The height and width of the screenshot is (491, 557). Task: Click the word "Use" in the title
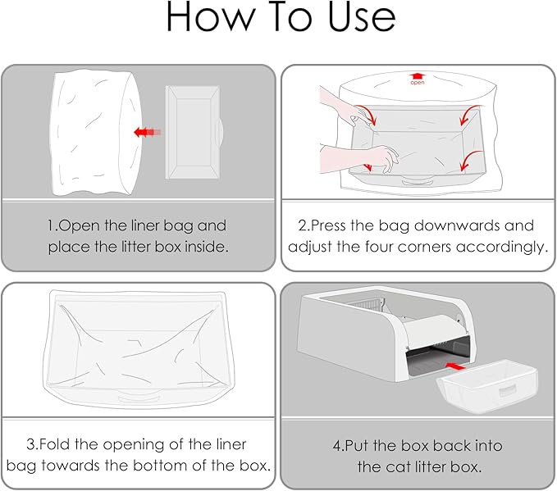click(x=362, y=16)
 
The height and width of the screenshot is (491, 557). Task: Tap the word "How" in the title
click(x=211, y=16)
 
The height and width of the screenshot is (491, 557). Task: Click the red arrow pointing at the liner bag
click(x=148, y=133)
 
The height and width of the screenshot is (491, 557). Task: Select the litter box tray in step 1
click(x=194, y=133)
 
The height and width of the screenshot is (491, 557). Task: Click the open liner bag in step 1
click(x=96, y=133)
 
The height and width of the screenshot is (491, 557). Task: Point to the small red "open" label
click(x=418, y=83)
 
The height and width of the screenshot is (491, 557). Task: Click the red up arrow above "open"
click(x=418, y=76)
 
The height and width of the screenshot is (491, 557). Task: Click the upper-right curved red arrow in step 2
click(x=469, y=114)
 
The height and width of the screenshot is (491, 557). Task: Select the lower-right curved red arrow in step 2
click(x=469, y=160)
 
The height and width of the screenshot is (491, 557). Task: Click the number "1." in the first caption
click(x=53, y=225)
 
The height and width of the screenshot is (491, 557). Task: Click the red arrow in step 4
click(x=454, y=366)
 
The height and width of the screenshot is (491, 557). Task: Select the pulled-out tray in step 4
click(x=487, y=386)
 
